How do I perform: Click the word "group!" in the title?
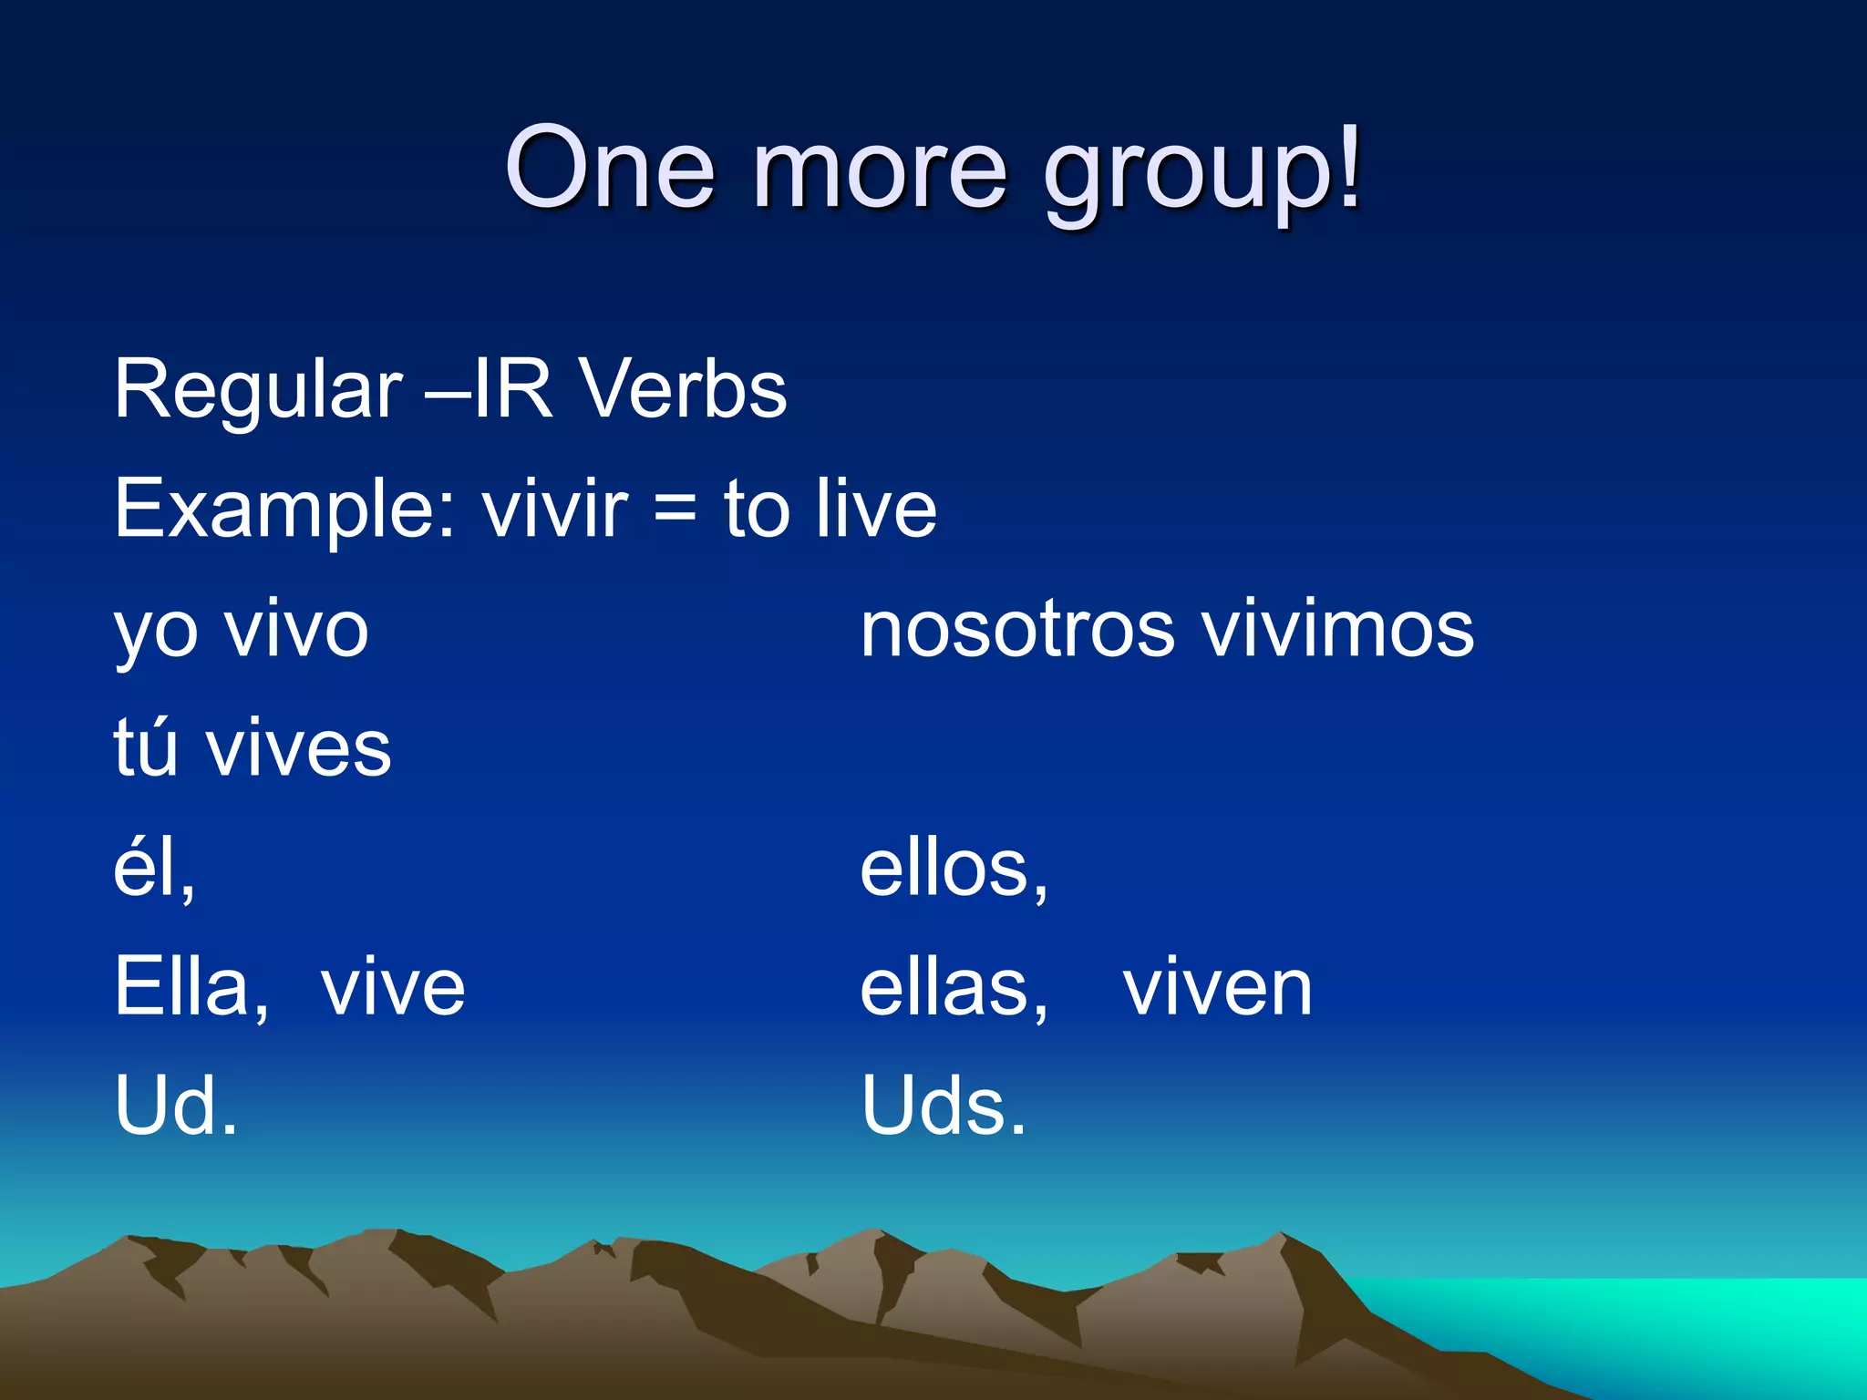click(x=1202, y=173)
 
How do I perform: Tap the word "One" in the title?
click(x=610, y=169)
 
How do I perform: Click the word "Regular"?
click(x=258, y=391)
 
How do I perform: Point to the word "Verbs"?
click(x=684, y=389)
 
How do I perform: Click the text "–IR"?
click(x=490, y=389)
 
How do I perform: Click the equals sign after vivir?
click(x=676, y=510)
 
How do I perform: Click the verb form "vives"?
click(x=299, y=748)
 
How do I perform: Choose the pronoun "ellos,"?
click(x=954, y=869)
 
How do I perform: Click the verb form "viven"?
click(x=1217, y=988)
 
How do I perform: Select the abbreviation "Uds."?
click(x=944, y=1106)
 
